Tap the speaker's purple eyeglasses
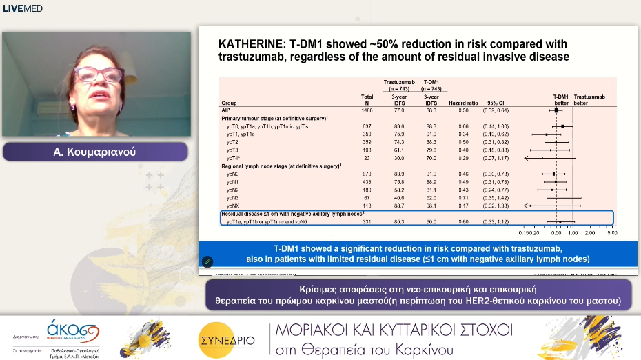click(99, 74)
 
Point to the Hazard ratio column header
click(463, 103)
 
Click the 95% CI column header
click(497, 103)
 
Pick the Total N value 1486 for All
click(367, 110)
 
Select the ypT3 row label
click(233, 149)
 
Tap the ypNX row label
click(233, 206)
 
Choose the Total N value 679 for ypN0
click(367, 174)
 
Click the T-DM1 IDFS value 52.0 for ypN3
click(431, 198)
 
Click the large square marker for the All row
click(556, 110)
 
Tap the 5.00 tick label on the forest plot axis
click(611, 233)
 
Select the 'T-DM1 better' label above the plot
click(561, 99)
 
